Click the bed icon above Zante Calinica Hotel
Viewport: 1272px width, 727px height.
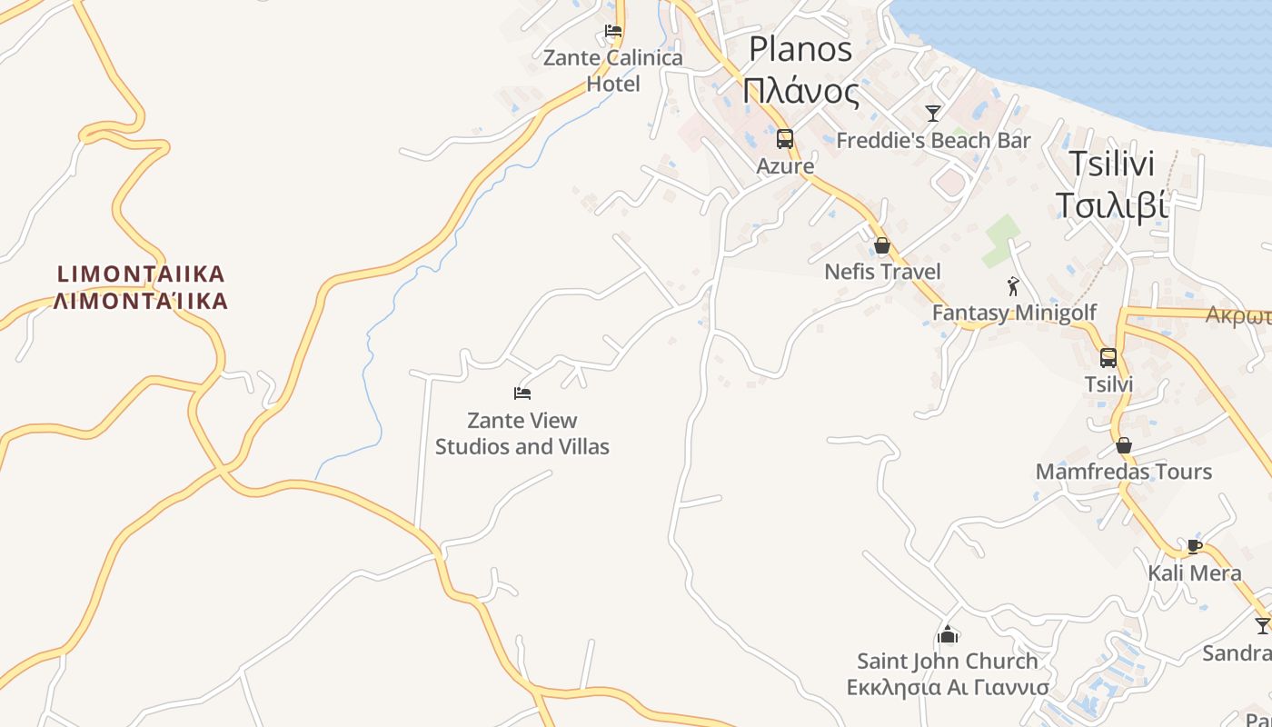coord(613,31)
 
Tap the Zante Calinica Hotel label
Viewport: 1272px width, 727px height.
coord(612,71)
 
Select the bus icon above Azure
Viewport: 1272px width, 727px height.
coord(785,139)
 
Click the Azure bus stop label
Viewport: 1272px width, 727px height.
coord(785,166)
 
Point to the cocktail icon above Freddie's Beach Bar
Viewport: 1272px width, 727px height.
coord(933,114)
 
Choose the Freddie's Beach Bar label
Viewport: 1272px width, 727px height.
coord(933,141)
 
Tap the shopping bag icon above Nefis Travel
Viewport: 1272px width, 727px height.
coord(881,245)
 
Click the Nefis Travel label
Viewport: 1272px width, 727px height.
coord(882,272)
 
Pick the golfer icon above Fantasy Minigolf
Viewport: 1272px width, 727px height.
coord(1014,286)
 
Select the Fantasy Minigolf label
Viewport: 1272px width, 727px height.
coord(1014,314)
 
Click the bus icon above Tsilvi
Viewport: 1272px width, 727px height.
coord(1108,358)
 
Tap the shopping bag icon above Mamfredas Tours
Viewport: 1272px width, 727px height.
coord(1124,445)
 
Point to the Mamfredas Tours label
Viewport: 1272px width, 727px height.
coord(1124,472)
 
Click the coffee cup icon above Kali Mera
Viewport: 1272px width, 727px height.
coord(1195,546)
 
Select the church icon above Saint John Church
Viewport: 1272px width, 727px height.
coord(948,634)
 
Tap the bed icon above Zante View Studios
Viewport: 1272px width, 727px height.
coord(522,393)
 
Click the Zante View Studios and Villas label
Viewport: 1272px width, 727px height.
coord(522,433)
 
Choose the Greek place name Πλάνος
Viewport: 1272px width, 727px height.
coord(800,92)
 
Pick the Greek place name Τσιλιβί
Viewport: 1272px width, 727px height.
coord(1111,206)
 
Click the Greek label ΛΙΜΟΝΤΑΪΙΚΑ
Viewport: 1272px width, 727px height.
coord(141,302)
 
